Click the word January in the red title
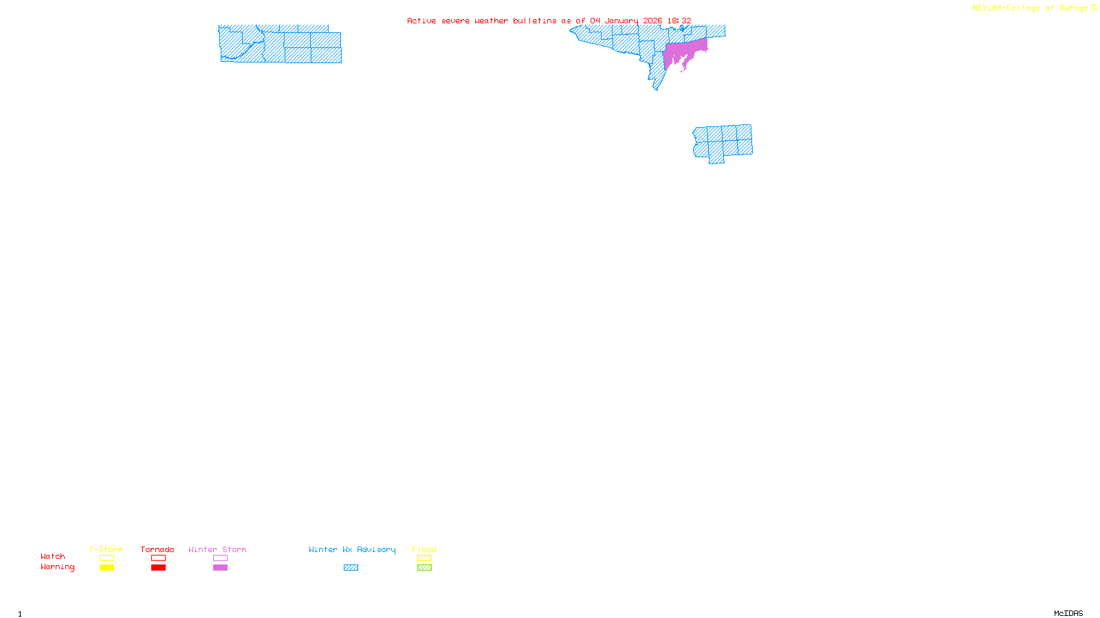coord(621,21)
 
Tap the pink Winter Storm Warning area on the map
coord(684,52)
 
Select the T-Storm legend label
coord(106,549)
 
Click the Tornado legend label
coord(157,549)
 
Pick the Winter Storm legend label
coord(217,549)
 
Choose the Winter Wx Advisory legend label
coord(352,549)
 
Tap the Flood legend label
coord(424,549)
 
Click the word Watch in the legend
coord(53,557)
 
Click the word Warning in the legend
coord(57,567)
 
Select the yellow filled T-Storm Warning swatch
coord(107,568)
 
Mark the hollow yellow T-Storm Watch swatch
coord(107,558)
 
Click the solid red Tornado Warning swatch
coord(158,568)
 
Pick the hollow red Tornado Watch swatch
coord(158,558)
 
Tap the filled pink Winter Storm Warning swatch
coord(220,568)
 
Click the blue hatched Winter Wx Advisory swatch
coord(351,568)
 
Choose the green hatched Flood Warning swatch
coord(424,568)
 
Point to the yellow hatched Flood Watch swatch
coord(424,558)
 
